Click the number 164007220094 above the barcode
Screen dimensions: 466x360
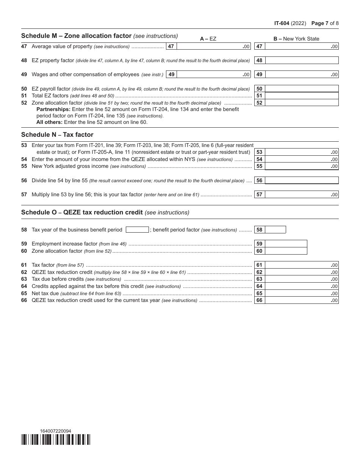55,431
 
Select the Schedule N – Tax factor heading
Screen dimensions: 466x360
57,134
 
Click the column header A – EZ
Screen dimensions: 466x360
208,39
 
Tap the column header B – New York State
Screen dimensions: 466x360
296,39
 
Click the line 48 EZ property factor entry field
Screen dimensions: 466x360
302,60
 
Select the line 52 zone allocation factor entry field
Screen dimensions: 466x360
302,103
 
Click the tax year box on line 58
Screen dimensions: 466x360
137,230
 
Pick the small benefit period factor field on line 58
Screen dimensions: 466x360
275,230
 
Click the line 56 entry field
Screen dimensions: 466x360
302,181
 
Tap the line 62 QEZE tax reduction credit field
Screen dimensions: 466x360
302,272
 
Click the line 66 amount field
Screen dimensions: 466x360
302,300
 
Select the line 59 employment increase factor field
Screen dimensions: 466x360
286,244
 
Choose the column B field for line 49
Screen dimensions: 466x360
302,75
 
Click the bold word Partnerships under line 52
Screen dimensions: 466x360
53,109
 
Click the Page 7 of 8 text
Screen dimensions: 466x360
325,23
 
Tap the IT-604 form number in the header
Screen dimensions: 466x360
282,23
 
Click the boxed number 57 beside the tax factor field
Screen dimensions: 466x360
260,195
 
